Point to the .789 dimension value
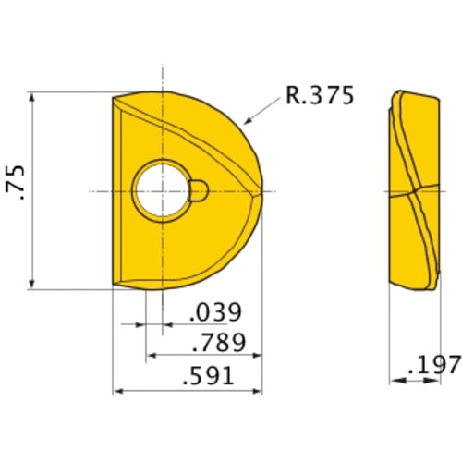coord(219,344)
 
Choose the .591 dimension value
coord(207,377)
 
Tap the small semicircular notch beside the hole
coord(200,190)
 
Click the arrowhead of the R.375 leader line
coord(245,121)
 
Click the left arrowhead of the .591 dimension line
coord(117,391)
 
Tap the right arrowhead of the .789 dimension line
coord(260,356)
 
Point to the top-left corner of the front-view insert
coord(114,97)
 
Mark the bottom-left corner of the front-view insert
coord(114,285)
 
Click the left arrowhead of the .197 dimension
coord(393,379)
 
